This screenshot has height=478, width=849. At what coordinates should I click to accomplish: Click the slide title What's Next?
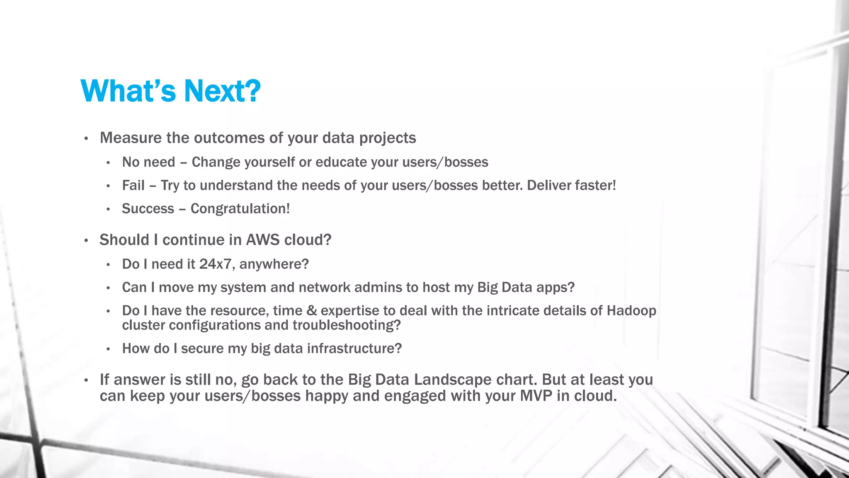(x=170, y=91)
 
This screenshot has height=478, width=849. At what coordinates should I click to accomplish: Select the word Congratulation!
(x=240, y=209)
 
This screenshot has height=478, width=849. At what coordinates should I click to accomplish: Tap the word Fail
(x=133, y=185)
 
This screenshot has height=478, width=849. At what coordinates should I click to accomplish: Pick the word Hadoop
(x=631, y=311)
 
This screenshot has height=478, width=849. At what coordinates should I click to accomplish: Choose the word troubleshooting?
(x=347, y=325)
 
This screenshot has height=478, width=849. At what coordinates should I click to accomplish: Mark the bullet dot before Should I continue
(x=86, y=241)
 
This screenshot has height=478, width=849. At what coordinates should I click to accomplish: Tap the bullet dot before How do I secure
(x=108, y=349)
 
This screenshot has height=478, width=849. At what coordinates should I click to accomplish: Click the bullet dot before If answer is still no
(x=86, y=380)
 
